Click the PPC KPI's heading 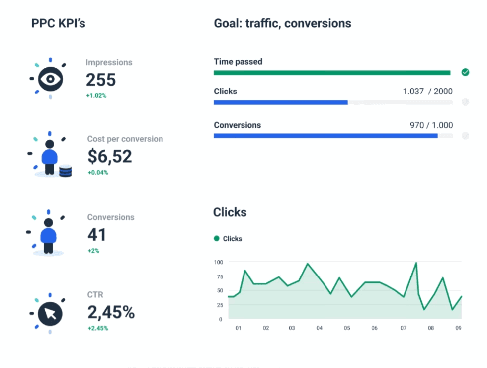(x=58, y=23)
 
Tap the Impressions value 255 (x=101, y=80)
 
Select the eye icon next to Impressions (x=50, y=79)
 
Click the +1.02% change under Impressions (x=96, y=95)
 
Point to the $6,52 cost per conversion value (x=110, y=156)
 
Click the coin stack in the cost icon (x=65, y=171)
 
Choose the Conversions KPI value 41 (x=97, y=234)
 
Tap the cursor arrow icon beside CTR (x=50, y=313)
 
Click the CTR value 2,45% (x=111, y=312)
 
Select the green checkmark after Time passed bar (x=465, y=72)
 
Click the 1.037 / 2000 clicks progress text (x=427, y=92)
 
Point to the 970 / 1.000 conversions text (x=431, y=125)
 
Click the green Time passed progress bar (x=331, y=73)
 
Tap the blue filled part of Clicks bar (x=280, y=102)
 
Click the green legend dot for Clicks (x=217, y=239)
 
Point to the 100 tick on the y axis (x=218, y=262)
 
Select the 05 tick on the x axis (x=347, y=328)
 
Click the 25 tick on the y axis (x=220, y=305)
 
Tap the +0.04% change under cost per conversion (x=97, y=173)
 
